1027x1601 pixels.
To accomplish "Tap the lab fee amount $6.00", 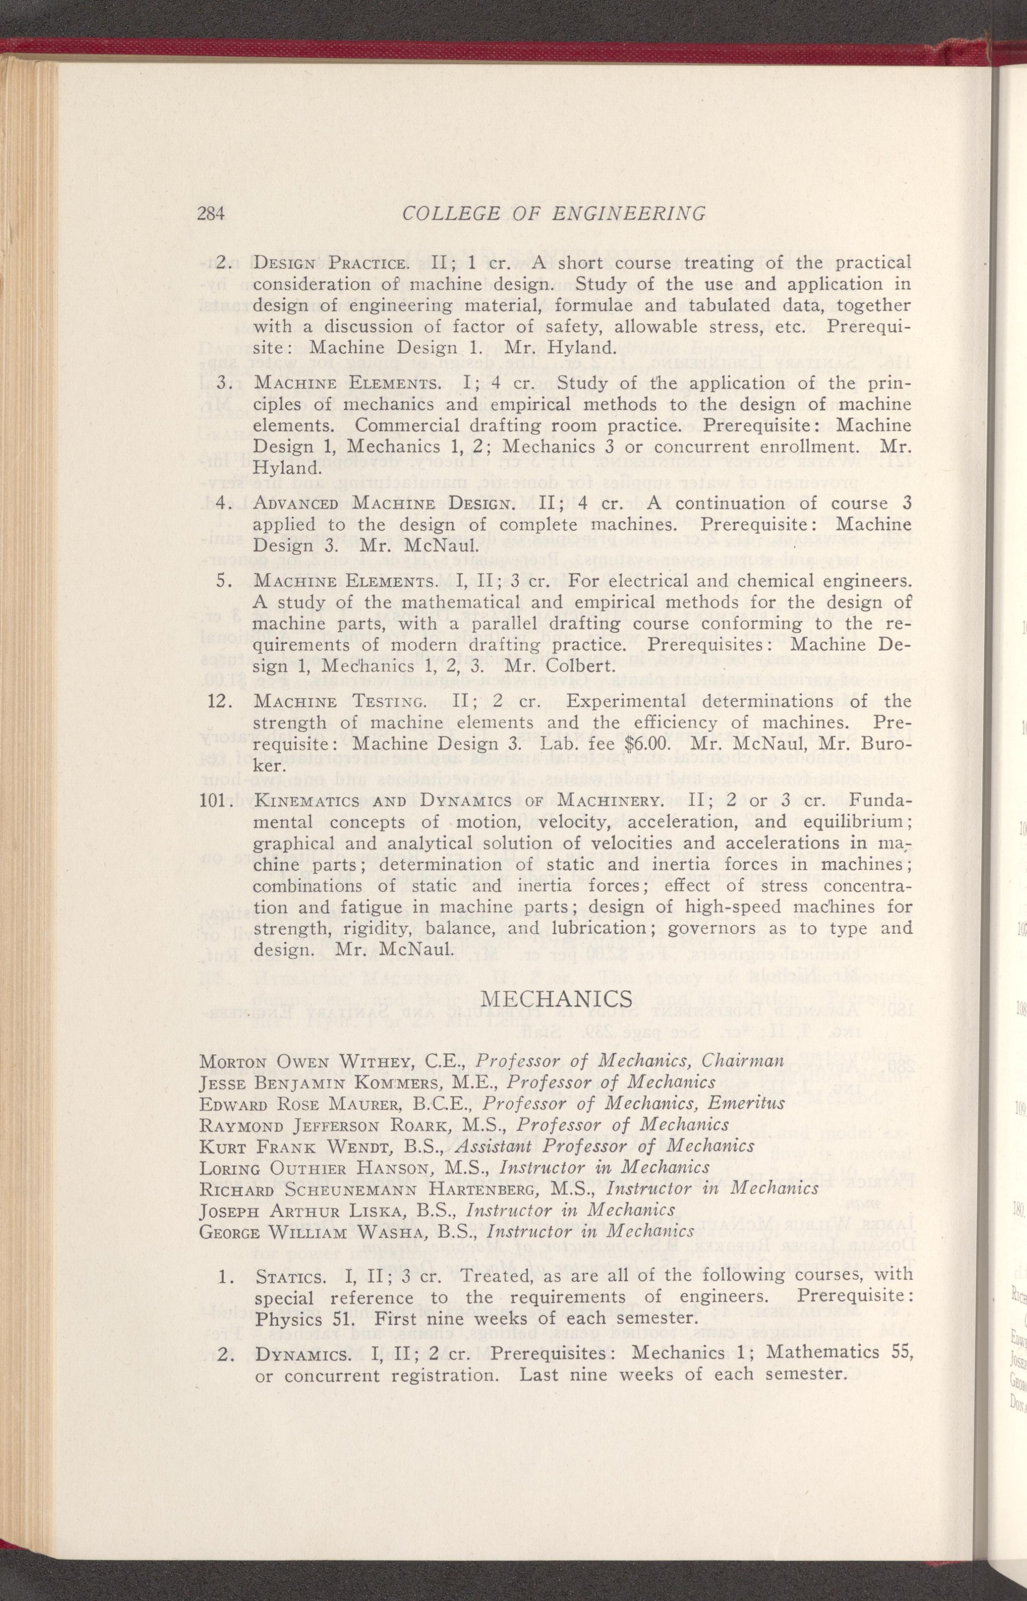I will click(645, 744).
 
